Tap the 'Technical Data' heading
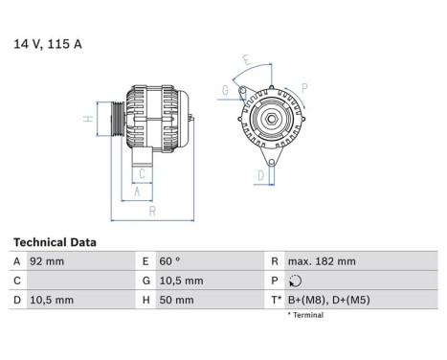(55, 242)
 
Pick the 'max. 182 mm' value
(324, 261)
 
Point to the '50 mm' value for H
(176, 300)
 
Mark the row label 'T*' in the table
(276, 300)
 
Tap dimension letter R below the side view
(151, 211)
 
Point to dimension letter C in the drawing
(141, 173)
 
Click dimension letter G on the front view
(225, 92)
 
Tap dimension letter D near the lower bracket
(259, 175)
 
